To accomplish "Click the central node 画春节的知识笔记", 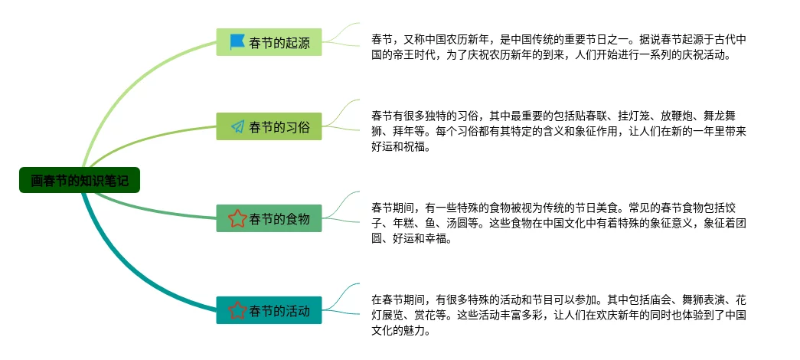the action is pyautogui.click(x=80, y=181).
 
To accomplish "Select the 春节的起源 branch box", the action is pyautogui.click(x=269, y=42).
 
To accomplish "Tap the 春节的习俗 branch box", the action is pyautogui.click(x=269, y=126).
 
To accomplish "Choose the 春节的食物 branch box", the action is pyautogui.click(x=269, y=218).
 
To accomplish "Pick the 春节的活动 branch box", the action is pyautogui.click(x=269, y=310).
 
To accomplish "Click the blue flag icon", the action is pyautogui.click(x=237, y=42).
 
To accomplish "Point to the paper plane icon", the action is pyautogui.click(x=237, y=126).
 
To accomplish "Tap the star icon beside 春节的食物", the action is pyautogui.click(x=237, y=218).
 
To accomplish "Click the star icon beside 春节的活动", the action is pyautogui.click(x=237, y=310).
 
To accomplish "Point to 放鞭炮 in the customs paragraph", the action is pyautogui.click(x=679, y=116).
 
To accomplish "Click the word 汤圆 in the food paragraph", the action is pyautogui.click(x=458, y=223).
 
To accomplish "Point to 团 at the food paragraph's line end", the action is pyautogui.click(x=740, y=223).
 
